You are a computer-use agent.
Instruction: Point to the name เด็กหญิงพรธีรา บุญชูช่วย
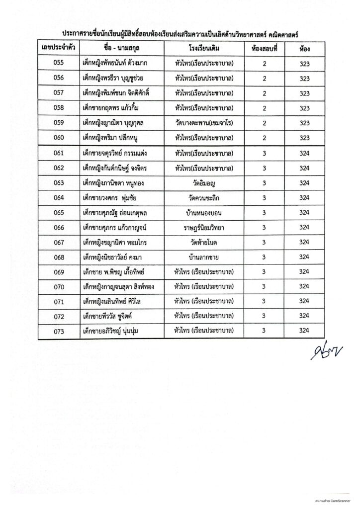tap(117, 79)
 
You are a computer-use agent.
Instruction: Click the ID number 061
tap(59, 154)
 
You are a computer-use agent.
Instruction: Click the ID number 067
tap(59, 243)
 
